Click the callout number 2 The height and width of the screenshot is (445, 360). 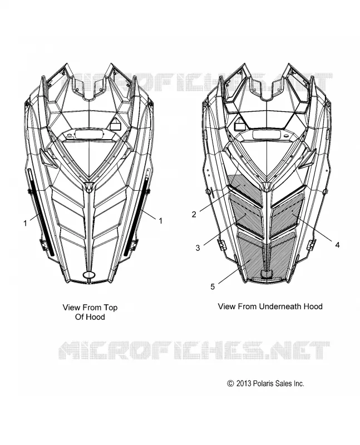point(194,214)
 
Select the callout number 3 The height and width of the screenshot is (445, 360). point(198,248)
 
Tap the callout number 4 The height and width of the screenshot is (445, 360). point(337,245)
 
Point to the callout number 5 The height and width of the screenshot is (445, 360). point(213,286)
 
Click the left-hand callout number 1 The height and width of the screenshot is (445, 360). point(25,224)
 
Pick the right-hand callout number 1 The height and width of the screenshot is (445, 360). point(160,220)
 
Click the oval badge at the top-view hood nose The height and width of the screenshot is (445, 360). point(90,274)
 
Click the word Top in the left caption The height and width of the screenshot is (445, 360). point(110,308)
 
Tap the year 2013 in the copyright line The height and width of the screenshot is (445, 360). point(244,383)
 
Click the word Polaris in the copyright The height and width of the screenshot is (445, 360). point(264,383)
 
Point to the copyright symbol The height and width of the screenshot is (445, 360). point(230,383)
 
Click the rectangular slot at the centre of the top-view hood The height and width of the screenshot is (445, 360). point(89,134)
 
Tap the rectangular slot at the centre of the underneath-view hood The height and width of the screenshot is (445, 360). point(267,134)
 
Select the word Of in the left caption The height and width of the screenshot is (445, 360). point(78,317)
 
